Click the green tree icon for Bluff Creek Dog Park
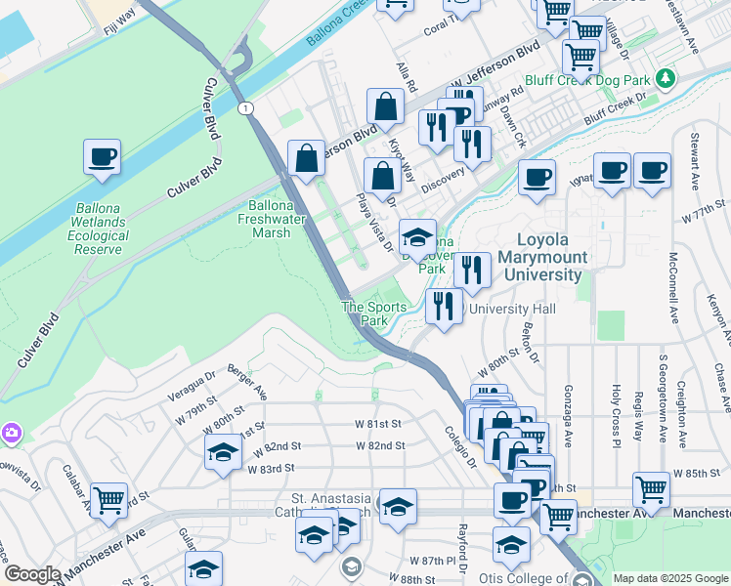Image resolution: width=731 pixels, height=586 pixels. coord(666,76)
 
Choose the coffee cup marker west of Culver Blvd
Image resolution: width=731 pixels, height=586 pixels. coord(102,156)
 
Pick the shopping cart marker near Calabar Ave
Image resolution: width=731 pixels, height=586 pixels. coord(108,500)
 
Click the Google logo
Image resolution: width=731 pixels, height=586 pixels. coord(32,574)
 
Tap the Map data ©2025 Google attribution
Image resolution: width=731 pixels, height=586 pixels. coord(669,578)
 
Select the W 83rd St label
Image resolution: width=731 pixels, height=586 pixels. coord(272,469)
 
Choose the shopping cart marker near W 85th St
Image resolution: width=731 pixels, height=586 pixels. coord(650,487)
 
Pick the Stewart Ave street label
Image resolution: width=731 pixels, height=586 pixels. coord(696,161)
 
